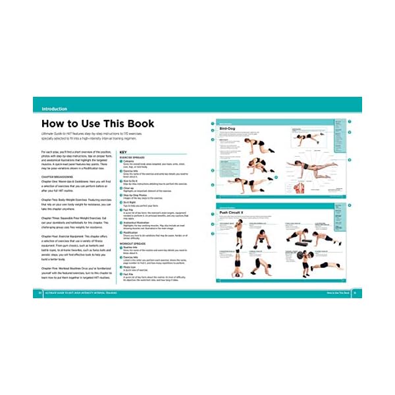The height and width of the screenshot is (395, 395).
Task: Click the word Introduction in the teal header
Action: point(58,109)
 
